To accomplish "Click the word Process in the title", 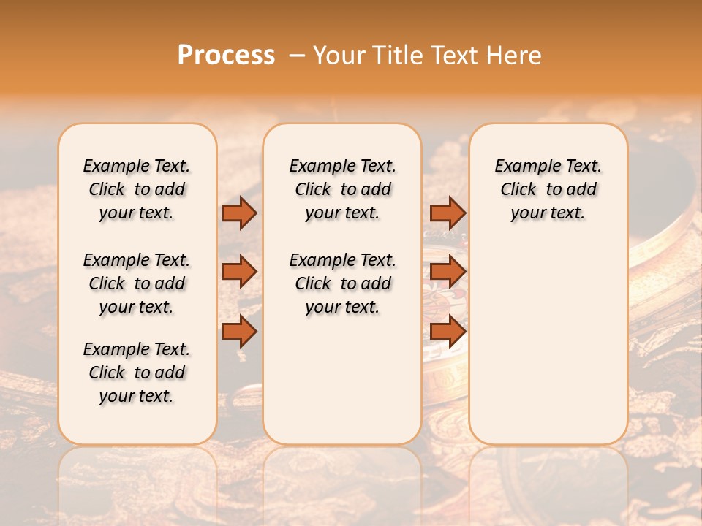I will click(x=226, y=56).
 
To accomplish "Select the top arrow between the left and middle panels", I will click(x=239, y=213).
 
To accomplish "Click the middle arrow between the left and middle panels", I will click(x=239, y=272).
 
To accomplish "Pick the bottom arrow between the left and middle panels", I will click(x=239, y=331).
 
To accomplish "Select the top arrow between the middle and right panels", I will click(x=448, y=213).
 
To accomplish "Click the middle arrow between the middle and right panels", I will click(x=448, y=272).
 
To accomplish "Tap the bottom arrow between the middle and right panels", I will click(x=448, y=331).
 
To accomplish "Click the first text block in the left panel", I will click(x=137, y=189).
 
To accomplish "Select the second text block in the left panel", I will click(x=137, y=283).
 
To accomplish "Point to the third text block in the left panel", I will click(x=137, y=373).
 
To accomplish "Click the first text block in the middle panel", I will click(x=343, y=189).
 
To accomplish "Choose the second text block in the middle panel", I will click(x=343, y=283).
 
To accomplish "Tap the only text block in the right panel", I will click(x=548, y=189).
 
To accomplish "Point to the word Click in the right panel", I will click(x=518, y=190).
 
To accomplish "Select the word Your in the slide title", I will click(x=341, y=56).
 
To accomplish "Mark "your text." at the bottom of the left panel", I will click(x=137, y=396).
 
